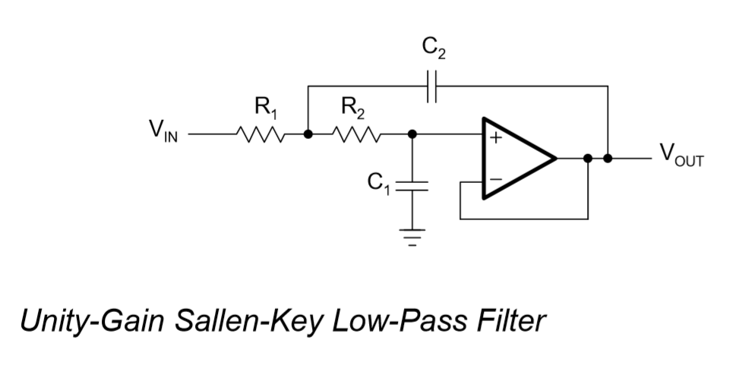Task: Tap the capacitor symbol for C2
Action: [x=432, y=87]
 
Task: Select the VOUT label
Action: [x=681, y=157]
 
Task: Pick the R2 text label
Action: [x=353, y=109]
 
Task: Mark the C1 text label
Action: [x=378, y=182]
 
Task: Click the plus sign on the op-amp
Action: [x=495, y=139]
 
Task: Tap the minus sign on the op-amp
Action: [x=495, y=181]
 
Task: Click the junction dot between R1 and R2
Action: [x=308, y=135]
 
